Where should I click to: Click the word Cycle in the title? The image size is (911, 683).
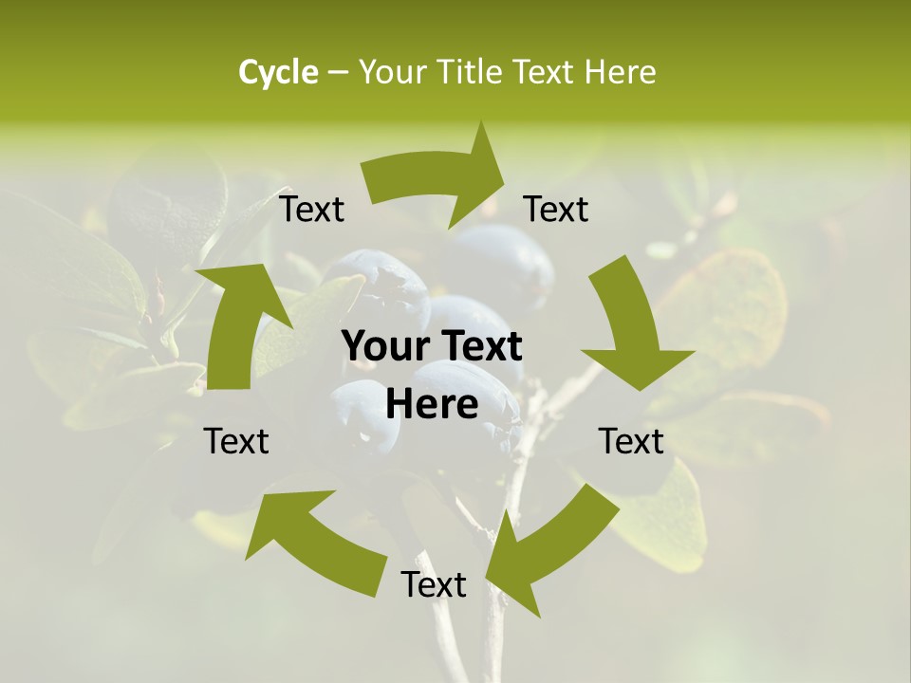[x=278, y=72]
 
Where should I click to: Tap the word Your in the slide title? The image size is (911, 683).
[x=395, y=72]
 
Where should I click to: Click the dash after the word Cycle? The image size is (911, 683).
[x=338, y=72]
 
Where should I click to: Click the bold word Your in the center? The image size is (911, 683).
[x=383, y=347]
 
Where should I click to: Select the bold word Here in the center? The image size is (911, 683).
[x=432, y=405]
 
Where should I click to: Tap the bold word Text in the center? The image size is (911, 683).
[x=479, y=347]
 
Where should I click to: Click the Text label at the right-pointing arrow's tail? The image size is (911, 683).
[x=311, y=210]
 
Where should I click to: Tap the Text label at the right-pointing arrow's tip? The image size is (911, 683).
[x=556, y=210]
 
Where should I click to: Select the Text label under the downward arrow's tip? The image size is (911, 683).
[x=631, y=441]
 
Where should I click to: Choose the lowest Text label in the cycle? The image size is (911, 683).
[x=434, y=584]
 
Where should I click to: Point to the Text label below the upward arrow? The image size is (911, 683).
[x=236, y=441]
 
